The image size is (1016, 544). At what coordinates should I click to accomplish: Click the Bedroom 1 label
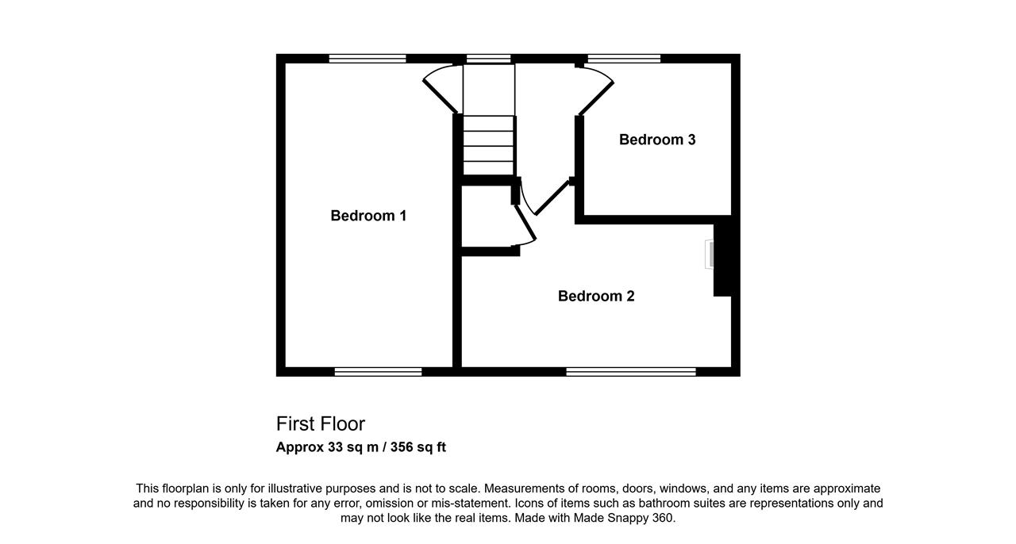click(x=368, y=216)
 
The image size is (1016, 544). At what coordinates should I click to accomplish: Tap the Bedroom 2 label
click(x=596, y=296)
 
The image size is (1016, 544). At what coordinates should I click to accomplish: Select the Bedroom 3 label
click(x=657, y=140)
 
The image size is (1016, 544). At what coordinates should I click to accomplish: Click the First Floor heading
click(x=320, y=424)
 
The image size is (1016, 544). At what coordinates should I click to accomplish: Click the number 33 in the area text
click(x=335, y=447)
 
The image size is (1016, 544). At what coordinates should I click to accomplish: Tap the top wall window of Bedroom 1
click(x=368, y=59)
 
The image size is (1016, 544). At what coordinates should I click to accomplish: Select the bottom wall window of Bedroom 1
click(x=379, y=372)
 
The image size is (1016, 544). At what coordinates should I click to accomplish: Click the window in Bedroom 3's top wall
click(x=624, y=59)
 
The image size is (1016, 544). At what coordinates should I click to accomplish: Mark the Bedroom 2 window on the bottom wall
click(x=631, y=372)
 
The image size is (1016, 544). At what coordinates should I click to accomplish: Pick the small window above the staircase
click(x=488, y=59)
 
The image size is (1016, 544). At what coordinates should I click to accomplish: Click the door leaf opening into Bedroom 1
click(x=440, y=97)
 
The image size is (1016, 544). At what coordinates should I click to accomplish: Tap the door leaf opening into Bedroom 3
click(x=596, y=98)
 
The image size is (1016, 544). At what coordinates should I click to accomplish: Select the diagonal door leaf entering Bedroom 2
click(x=552, y=197)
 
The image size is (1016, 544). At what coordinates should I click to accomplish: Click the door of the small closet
click(x=525, y=222)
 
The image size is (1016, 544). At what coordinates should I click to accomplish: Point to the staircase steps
click(x=488, y=146)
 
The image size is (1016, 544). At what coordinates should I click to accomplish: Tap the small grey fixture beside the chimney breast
click(x=709, y=255)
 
